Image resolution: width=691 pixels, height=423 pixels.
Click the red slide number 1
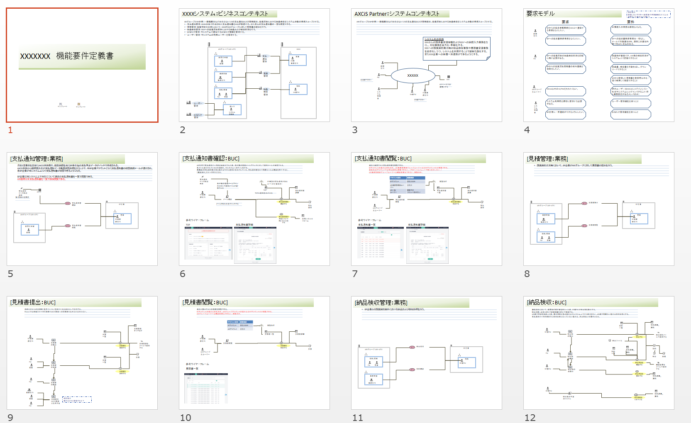[10, 130]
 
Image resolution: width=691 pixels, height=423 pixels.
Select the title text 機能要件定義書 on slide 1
[85, 56]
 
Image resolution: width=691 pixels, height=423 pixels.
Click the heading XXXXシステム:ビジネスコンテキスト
[225, 14]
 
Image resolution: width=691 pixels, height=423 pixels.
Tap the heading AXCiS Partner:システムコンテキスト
[396, 14]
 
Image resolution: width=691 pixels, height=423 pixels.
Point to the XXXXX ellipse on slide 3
[413, 75]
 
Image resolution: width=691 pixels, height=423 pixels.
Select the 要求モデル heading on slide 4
[540, 14]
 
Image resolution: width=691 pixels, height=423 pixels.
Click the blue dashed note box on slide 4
[648, 15]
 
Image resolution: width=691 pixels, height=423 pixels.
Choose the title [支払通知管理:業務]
[37, 159]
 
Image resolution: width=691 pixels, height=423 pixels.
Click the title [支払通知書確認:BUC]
[211, 158]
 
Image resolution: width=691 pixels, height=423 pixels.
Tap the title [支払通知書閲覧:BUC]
[383, 158]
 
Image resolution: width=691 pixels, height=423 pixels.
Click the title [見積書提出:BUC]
[33, 302]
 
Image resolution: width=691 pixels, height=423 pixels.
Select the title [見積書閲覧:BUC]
[205, 302]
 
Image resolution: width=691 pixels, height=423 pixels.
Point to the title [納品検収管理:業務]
[381, 303]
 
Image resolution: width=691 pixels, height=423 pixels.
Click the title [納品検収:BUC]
[547, 302]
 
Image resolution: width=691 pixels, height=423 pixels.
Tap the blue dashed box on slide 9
[77, 399]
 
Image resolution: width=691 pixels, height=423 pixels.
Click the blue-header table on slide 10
[240, 325]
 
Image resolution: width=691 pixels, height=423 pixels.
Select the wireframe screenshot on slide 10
[206, 388]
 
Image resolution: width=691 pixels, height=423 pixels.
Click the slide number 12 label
[530, 418]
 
